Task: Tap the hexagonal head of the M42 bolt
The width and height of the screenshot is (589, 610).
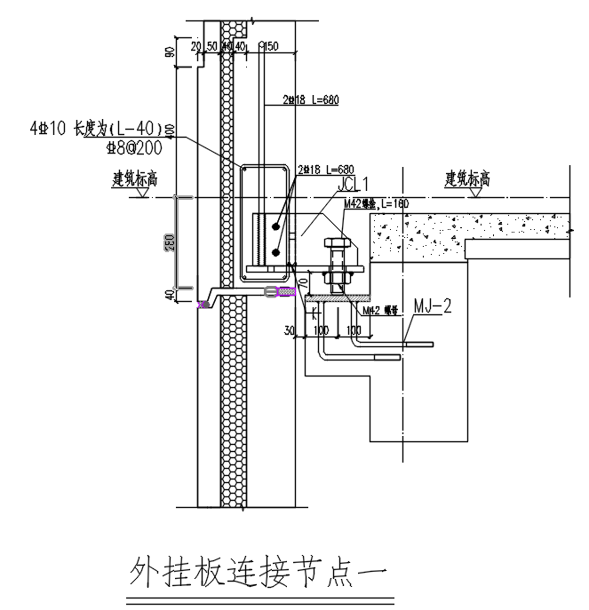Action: [336, 244]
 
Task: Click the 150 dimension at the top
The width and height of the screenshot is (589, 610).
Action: [271, 45]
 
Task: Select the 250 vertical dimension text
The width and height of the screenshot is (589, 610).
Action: [170, 243]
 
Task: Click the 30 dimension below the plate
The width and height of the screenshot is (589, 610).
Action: [290, 330]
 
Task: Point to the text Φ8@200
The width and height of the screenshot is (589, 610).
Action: [133, 147]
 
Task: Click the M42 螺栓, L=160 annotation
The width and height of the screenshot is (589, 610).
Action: [373, 203]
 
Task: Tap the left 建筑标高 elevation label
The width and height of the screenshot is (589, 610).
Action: [134, 178]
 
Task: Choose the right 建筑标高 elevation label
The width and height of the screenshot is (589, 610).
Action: [467, 178]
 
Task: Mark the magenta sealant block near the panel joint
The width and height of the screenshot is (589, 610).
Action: [286, 291]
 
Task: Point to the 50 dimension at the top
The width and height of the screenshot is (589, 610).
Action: [211, 45]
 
